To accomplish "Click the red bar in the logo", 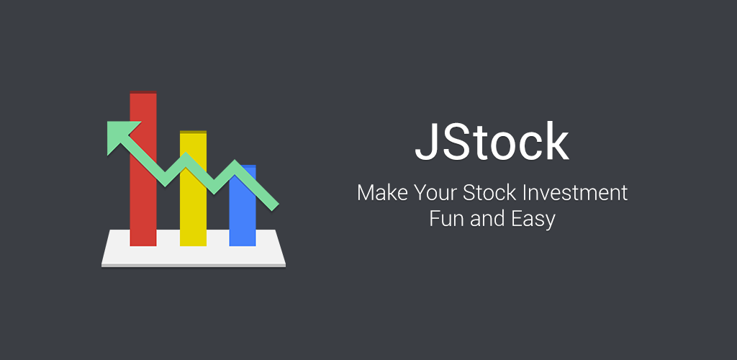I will click(143, 202).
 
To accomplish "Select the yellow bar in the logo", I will click(193, 216).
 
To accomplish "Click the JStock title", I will click(492, 143).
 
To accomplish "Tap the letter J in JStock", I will click(427, 143).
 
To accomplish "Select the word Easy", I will click(533, 219).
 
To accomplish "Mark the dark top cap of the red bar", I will click(143, 93).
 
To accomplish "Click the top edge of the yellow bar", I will click(193, 132).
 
